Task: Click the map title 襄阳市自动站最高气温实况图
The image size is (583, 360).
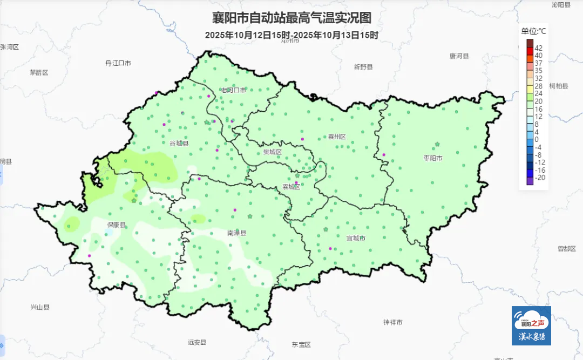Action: (291, 18)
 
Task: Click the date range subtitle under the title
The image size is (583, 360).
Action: (291, 35)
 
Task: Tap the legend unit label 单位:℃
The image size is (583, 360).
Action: (533, 31)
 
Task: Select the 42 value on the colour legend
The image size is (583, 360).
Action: (538, 47)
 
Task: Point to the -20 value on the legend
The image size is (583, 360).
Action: (539, 177)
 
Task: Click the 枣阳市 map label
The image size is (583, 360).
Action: (433, 158)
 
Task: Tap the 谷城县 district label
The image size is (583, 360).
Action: (179, 144)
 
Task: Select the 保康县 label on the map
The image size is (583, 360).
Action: (116, 225)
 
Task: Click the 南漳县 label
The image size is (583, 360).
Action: (236, 233)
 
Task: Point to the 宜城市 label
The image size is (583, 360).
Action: (356, 237)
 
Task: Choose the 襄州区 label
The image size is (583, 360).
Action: (337, 137)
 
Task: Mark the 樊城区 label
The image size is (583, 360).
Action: (273, 152)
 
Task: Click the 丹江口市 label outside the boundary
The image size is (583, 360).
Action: (118, 63)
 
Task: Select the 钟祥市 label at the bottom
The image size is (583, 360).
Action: (392, 322)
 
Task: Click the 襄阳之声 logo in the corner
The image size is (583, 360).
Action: (531, 325)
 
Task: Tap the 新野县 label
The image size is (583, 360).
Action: (363, 67)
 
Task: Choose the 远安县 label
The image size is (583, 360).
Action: (197, 342)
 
